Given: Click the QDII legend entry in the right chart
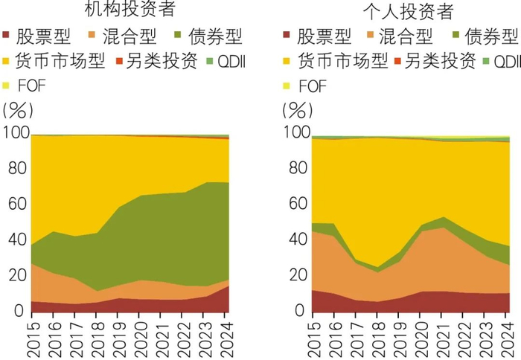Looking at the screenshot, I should coord(499,61).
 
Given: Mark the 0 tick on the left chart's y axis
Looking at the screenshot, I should coord(21,311).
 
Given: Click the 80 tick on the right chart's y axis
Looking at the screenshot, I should coord(296,169).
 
